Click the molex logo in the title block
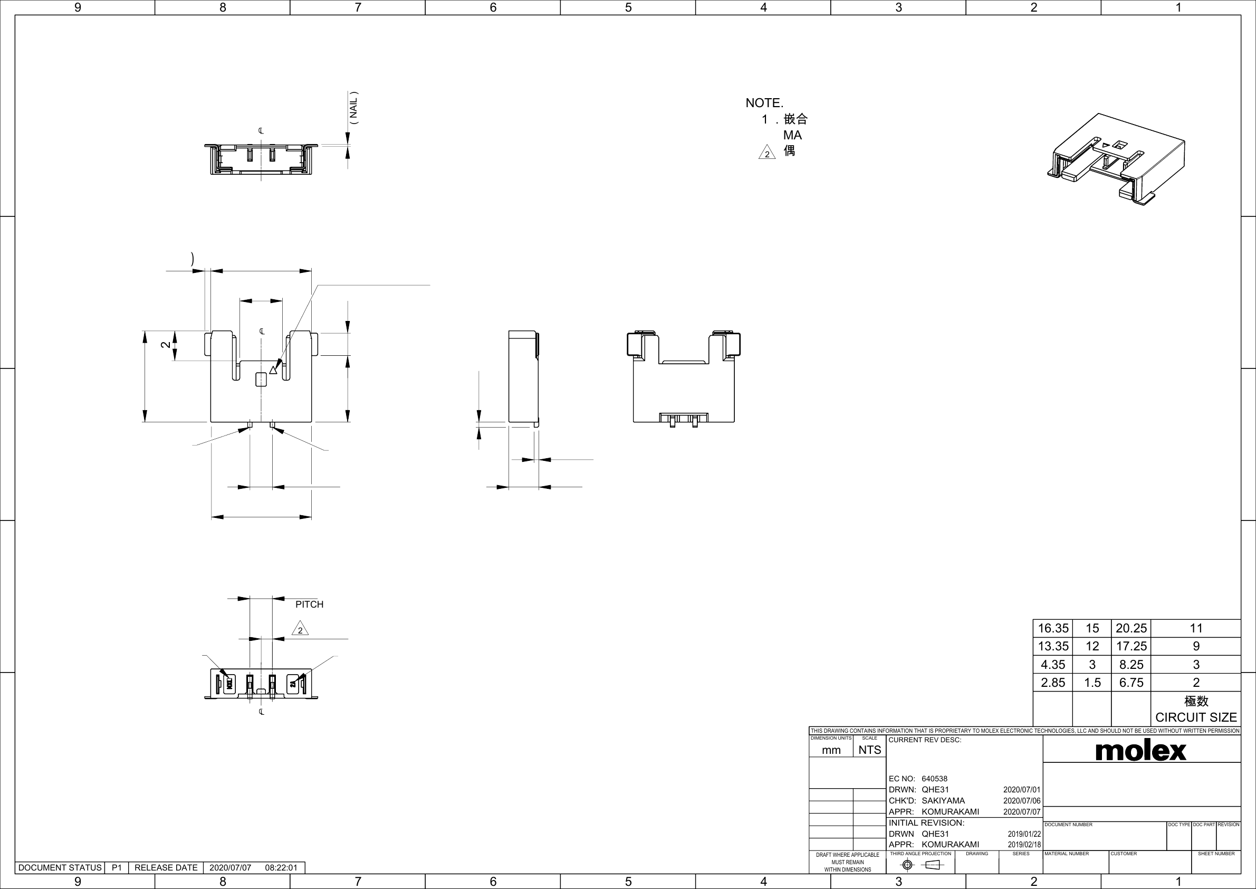pyautogui.click(x=1140, y=751)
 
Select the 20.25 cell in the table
pyautogui.click(x=1131, y=628)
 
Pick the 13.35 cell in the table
pyautogui.click(x=1053, y=647)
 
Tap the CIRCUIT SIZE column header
pyautogui.click(x=1196, y=717)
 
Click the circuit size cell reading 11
pyautogui.click(x=1196, y=628)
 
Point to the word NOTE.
pyautogui.click(x=764, y=103)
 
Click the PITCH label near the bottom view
pyautogui.click(x=309, y=604)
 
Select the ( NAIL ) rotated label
pyautogui.click(x=354, y=107)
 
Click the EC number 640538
pyautogui.click(x=934, y=779)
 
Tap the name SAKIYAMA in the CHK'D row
pyautogui.click(x=943, y=800)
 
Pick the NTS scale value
pyautogui.click(x=869, y=750)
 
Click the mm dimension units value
pyautogui.click(x=831, y=751)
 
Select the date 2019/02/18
pyautogui.click(x=1024, y=845)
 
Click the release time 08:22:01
pyautogui.click(x=281, y=868)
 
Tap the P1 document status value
pyautogui.click(x=117, y=868)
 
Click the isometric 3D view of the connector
pyautogui.click(x=1116, y=159)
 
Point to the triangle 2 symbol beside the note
pyautogui.click(x=767, y=152)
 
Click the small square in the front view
pyautogui.click(x=262, y=379)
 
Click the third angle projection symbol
pyautogui.click(x=922, y=865)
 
